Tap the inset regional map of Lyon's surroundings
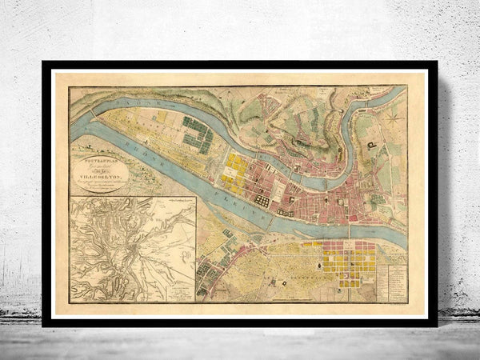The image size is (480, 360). point(132,249)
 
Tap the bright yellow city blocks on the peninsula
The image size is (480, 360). point(236,168)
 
